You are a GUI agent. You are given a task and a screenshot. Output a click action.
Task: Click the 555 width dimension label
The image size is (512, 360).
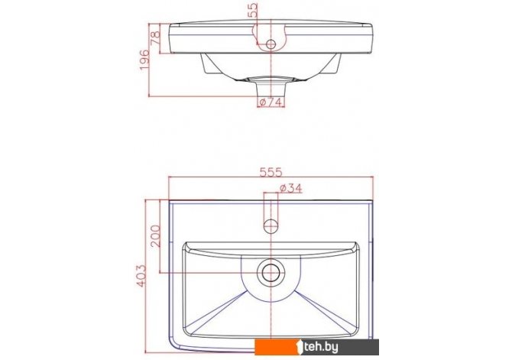(271, 172)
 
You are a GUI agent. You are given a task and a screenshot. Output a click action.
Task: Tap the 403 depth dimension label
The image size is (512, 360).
(141, 276)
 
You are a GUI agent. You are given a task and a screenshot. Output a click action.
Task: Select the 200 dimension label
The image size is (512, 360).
(155, 236)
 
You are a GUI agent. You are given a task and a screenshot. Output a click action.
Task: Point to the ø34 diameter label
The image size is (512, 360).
(291, 188)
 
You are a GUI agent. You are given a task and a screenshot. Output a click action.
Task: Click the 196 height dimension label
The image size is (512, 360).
(144, 60)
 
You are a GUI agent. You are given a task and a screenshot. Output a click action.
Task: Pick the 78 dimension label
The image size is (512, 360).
(155, 37)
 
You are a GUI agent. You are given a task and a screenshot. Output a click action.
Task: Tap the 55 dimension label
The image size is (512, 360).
(253, 10)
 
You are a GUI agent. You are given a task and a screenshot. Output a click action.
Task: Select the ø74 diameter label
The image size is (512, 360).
(271, 102)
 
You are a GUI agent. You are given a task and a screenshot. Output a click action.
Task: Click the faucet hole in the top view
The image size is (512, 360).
(271, 225)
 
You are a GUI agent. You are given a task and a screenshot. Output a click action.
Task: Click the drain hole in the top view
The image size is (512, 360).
(271, 272)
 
